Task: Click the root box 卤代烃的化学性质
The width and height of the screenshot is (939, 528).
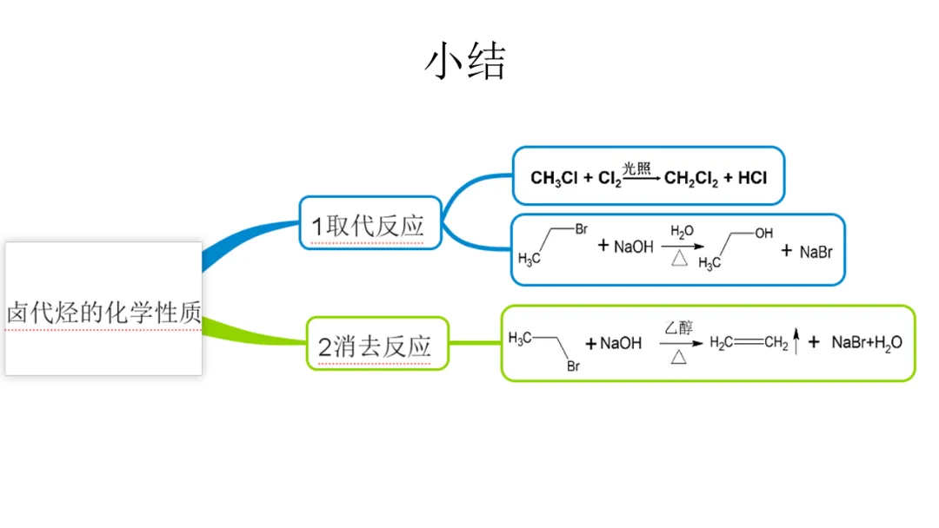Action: (103, 311)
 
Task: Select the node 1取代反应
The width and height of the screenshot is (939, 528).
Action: (370, 226)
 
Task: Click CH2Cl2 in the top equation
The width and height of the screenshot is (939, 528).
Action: (691, 178)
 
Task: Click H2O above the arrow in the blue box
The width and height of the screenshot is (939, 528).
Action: (682, 232)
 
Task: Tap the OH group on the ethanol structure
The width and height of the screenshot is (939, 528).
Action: (763, 234)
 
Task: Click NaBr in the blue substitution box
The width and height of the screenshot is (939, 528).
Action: (816, 252)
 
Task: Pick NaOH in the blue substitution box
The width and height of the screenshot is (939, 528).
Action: (633, 247)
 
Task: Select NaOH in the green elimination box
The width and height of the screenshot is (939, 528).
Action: (620, 343)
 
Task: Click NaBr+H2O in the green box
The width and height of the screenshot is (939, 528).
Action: (867, 342)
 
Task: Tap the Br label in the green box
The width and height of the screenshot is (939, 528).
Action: (574, 366)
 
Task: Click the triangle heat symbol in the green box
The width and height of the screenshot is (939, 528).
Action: (679, 356)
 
